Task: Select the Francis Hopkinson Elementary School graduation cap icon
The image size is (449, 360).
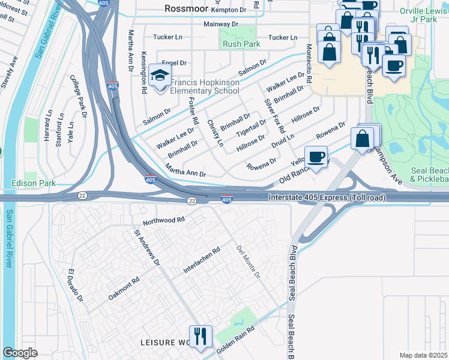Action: coord(160,76)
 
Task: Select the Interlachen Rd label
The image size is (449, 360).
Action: coord(202,260)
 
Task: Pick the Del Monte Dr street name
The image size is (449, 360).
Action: coord(248,262)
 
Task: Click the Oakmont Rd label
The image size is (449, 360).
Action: coord(124,289)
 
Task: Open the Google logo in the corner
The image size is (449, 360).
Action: coord(20,353)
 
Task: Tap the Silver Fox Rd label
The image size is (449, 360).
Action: coord(274,116)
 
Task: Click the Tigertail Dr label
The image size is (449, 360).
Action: coord(251,127)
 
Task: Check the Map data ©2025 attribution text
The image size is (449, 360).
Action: coord(423,355)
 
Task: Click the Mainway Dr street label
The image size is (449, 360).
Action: coord(218,24)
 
